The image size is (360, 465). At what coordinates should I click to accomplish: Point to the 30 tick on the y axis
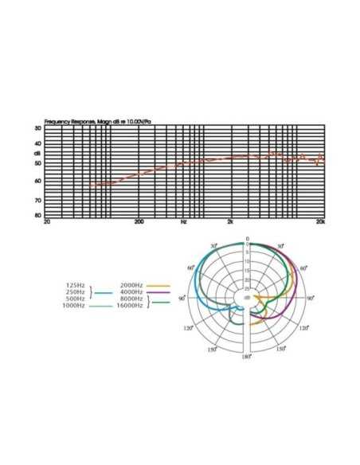coord(38,128)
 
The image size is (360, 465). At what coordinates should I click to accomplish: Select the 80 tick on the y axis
coord(38,216)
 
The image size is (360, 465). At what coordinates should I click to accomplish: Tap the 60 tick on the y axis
coord(38,181)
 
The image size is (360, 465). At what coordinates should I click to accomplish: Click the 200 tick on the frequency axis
coord(139,221)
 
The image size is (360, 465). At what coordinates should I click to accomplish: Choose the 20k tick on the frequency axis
coord(320,221)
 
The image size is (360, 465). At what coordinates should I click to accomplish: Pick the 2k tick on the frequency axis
coord(230,221)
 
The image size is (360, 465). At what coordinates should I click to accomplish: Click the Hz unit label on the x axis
coord(183,221)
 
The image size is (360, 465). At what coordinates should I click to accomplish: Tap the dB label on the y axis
coord(37,154)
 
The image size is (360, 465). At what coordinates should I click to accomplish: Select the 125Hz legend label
coord(75,284)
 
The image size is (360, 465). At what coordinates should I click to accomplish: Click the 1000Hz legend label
coord(73,306)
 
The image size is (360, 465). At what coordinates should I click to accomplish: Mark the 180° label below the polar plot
coord(247,357)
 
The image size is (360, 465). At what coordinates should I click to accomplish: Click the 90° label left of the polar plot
coord(182,298)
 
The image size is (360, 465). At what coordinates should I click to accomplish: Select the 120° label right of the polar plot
coord(303,328)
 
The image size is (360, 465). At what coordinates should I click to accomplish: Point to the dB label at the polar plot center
coord(247,298)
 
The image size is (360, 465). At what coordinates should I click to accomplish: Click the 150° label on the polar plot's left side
coord(211,349)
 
